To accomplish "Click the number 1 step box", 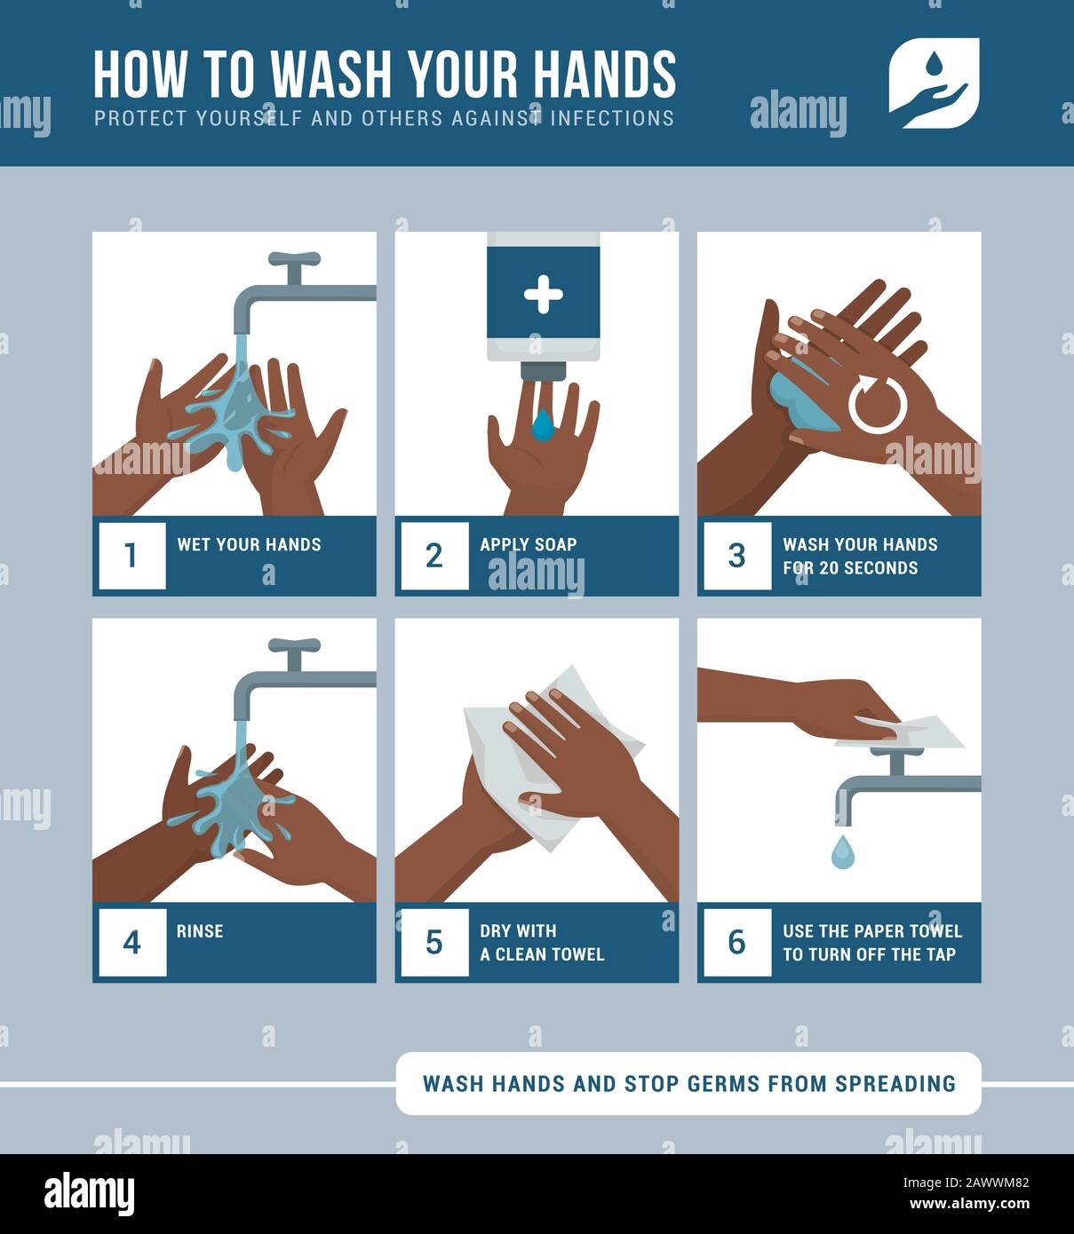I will coord(131,555).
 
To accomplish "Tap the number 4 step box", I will coord(131,942).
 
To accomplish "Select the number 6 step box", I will coord(736,942).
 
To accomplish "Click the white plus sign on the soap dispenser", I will coord(543,294).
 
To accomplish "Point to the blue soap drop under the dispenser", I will coord(542,424).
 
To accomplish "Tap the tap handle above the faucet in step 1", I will coord(293,259).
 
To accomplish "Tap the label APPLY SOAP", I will coord(528,544).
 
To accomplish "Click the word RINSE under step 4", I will coord(200,931).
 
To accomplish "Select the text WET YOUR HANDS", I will coord(249,544).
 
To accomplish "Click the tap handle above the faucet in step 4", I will coord(293,645).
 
